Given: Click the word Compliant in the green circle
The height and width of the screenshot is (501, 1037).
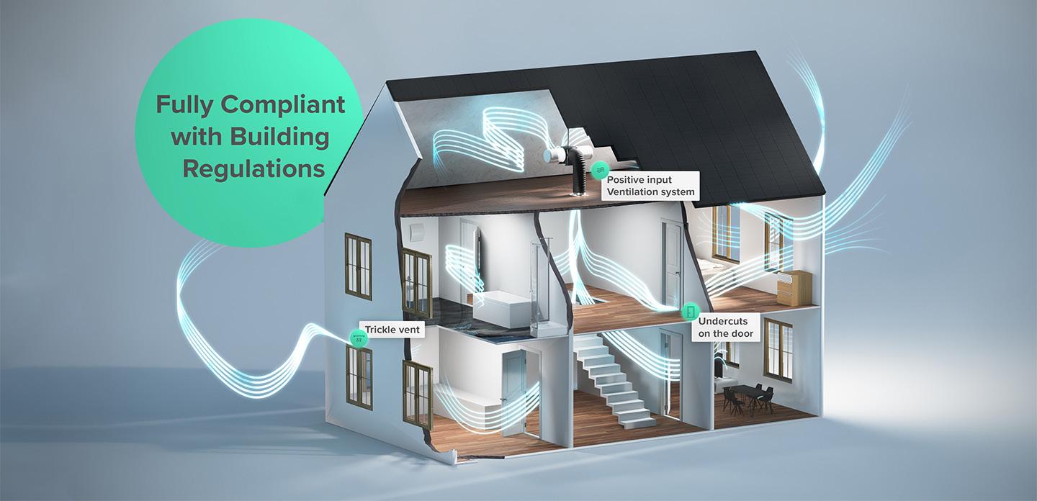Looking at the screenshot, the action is point(283,104).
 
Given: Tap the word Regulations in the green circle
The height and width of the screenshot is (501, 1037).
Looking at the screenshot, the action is point(253,169).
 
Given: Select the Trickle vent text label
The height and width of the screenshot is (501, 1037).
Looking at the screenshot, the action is point(391,330).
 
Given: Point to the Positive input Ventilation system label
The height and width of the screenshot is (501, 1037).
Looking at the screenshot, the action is point(650,185).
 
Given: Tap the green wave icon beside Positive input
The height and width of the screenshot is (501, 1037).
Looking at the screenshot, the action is point(598,171).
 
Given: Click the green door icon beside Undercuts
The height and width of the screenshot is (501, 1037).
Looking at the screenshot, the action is point(690,312).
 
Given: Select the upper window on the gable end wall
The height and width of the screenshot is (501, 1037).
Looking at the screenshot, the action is point(358,266).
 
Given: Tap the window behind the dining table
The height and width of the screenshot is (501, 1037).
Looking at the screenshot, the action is point(777,349).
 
